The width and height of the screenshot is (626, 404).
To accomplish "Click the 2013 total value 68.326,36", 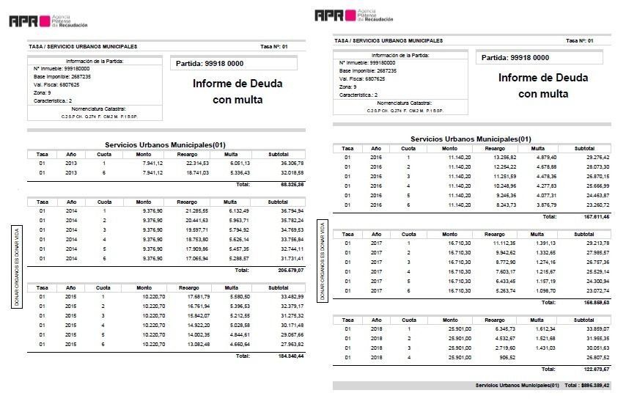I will coord(291,184).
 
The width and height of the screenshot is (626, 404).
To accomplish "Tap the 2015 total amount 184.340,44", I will coord(291,356).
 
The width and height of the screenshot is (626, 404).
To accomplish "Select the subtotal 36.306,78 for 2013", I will coord(291,163).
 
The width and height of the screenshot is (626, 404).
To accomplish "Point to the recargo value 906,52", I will coord(504,357).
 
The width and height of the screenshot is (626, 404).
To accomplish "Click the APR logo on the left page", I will coord(29,21).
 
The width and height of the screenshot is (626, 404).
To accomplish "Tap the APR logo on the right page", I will coord(335,15).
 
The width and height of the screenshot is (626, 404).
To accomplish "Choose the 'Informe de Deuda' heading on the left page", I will coord(237,84).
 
